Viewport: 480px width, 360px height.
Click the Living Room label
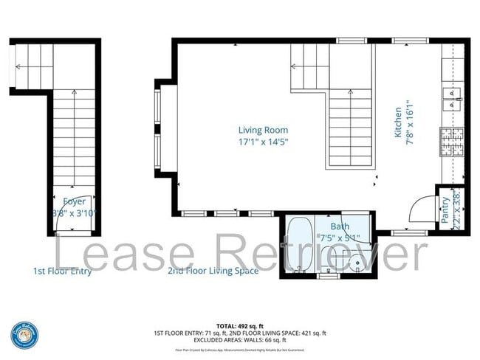coord(262,130)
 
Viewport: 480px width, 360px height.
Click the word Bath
coord(340,226)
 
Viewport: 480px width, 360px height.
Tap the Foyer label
coord(74,201)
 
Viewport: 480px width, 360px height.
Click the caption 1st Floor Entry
coord(63,271)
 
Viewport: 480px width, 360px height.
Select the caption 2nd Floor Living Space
coord(213,271)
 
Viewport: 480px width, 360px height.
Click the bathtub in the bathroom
coord(298,245)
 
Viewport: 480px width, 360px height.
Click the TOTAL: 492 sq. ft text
coord(240,325)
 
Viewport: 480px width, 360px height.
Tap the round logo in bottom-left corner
coord(24,336)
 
